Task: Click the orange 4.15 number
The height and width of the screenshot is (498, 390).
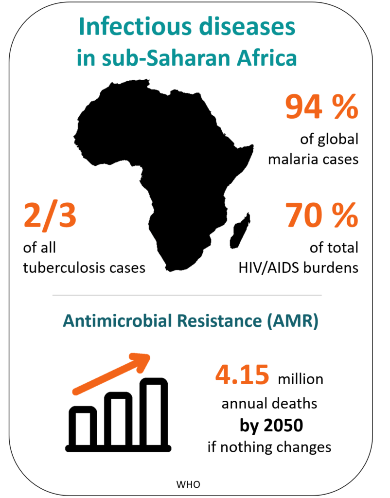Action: click(x=242, y=375)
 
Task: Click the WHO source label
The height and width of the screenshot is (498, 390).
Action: click(x=188, y=484)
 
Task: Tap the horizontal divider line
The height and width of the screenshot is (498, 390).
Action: click(x=187, y=295)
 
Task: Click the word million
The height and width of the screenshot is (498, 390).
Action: click(x=300, y=379)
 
